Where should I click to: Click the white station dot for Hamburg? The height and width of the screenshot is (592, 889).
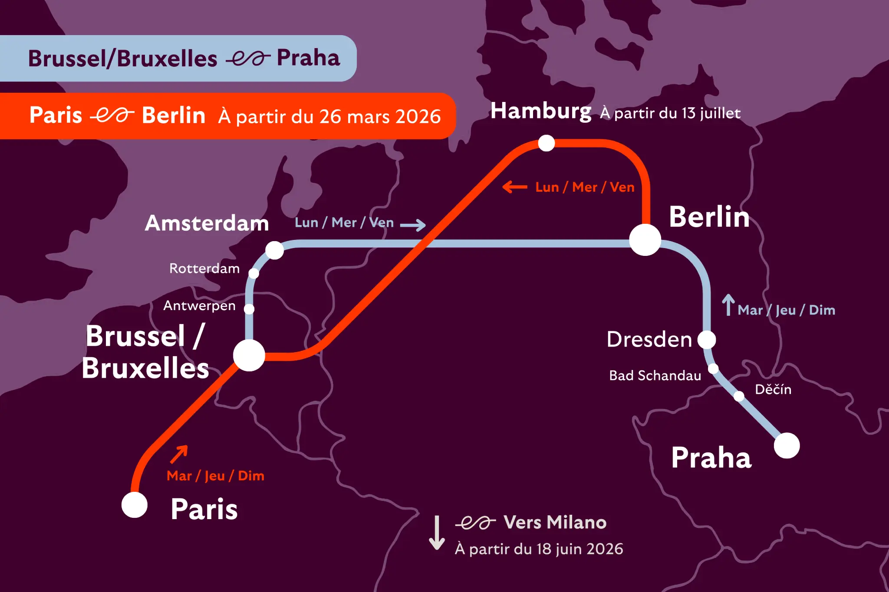[x=546, y=143]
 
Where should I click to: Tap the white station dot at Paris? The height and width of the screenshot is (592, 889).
[x=135, y=505]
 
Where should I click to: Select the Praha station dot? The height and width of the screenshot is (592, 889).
[x=787, y=445]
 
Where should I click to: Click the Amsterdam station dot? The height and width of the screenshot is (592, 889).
[x=274, y=250]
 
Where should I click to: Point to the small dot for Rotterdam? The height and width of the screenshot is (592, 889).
[x=254, y=273]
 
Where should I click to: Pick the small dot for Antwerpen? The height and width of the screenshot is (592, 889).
[x=249, y=309]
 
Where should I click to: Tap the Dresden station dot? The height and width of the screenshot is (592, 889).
[x=707, y=340]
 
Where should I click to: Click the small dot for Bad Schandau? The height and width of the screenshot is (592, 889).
[x=713, y=369]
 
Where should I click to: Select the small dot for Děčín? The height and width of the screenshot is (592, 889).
[x=739, y=396]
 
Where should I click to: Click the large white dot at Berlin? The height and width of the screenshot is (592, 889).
[x=645, y=240]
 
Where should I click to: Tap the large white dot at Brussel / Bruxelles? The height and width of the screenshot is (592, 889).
[x=249, y=356]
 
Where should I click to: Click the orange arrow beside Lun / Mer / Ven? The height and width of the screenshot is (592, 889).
[x=515, y=187]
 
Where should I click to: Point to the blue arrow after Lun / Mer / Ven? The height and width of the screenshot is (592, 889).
[x=412, y=225]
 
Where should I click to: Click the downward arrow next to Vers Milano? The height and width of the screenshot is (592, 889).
[x=437, y=533]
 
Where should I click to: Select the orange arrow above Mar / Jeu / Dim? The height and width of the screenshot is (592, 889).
[x=179, y=454]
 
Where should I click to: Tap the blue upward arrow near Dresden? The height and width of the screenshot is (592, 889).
[x=728, y=304]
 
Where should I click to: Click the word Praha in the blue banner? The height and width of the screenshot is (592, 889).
[x=308, y=58]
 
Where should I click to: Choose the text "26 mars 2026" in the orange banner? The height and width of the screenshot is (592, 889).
[x=380, y=116]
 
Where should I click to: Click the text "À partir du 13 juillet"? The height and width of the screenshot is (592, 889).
[x=670, y=113]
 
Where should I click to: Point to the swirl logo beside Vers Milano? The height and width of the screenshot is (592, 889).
[x=475, y=523]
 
